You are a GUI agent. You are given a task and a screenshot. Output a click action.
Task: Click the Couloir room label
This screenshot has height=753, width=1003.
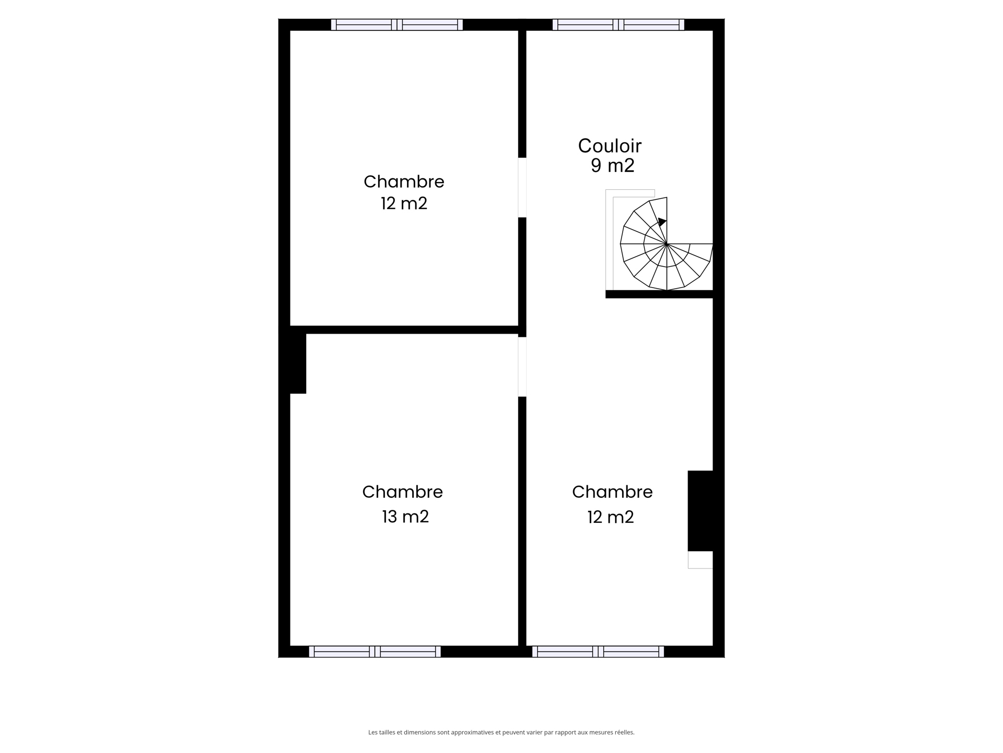[x=610, y=146]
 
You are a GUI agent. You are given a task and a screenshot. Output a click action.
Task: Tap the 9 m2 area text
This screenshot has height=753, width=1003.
[x=612, y=166]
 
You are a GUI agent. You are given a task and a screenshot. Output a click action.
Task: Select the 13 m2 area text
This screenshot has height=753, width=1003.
[x=405, y=517]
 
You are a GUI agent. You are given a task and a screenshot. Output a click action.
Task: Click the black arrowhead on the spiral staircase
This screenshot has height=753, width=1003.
[x=662, y=222]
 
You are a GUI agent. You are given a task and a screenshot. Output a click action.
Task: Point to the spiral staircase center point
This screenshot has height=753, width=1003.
[x=667, y=244]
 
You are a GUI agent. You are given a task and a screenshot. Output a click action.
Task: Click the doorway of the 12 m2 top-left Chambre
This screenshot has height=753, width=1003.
[x=522, y=187]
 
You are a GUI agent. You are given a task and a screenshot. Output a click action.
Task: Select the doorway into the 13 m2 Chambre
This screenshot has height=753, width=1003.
[x=522, y=367]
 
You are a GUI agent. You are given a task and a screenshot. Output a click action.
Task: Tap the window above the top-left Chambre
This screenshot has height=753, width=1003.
[x=397, y=25]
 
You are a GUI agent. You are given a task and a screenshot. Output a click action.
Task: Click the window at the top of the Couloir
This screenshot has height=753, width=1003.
[x=619, y=25]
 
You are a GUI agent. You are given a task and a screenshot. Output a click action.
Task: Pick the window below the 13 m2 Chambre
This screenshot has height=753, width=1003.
[x=375, y=652]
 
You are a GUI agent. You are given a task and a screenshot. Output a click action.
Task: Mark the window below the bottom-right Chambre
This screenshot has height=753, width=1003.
[x=598, y=652]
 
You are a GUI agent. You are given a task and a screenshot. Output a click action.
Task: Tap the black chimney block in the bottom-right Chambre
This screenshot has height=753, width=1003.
[x=701, y=511]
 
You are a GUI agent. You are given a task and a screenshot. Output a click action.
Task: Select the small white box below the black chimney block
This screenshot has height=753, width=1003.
[x=701, y=560]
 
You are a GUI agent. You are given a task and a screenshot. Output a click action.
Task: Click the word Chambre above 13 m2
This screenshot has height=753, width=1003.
[x=402, y=492]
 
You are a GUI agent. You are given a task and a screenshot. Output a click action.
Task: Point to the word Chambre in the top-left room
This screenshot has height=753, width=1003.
[x=404, y=181]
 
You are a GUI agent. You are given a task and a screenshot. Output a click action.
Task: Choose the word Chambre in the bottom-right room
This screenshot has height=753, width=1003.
[x=612, y=492]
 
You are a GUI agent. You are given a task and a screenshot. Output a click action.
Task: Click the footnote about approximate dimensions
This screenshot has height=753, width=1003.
[x=501, y=733]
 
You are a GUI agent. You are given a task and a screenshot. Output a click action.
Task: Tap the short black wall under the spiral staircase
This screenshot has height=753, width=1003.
[x=659, y=294]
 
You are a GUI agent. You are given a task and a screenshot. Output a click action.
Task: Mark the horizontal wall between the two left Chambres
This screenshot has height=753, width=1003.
[x=404, y=330]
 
